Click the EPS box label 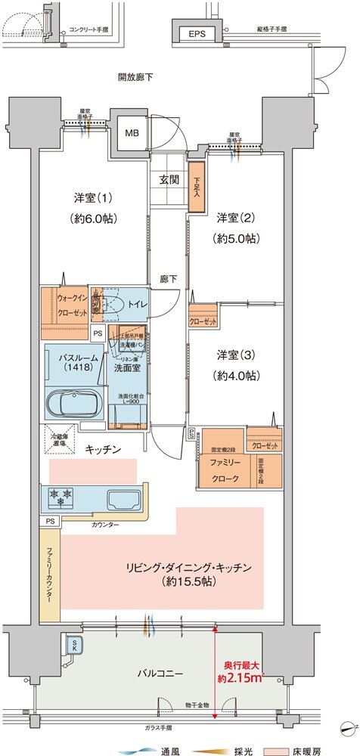197,33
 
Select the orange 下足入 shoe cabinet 197,185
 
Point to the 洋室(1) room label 94,208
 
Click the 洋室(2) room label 237,228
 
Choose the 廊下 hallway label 169,280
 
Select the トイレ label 137,304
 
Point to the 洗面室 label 127,368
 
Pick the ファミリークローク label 222,471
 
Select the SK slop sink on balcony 76,644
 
